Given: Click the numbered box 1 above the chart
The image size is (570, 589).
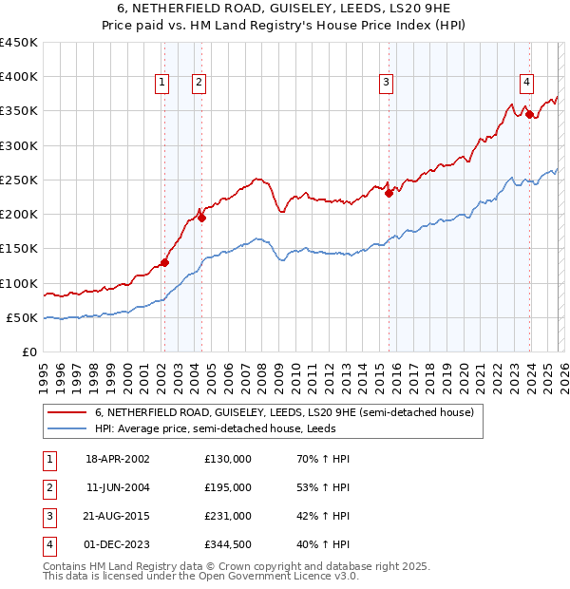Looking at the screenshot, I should tap(162, 84).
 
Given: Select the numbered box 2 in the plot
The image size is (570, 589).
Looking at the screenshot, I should tap(199, 84).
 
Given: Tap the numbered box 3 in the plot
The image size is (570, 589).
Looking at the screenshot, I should tap(387, 84).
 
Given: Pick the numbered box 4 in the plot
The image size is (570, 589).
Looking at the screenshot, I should tap(526, 84).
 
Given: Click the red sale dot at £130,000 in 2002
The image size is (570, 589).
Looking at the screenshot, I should tap(164, 262).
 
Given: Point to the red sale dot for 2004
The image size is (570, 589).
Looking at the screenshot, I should tap(200, 218).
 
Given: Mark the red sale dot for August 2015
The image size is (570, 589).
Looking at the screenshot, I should tap(389, 193).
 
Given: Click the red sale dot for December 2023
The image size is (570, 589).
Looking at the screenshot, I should tap(529, 115).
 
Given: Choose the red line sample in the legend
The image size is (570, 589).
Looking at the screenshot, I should tap(67, 413).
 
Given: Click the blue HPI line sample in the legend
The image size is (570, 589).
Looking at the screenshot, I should tap(67, 428).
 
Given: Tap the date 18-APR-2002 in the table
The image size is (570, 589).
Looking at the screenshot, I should tap(118, 458).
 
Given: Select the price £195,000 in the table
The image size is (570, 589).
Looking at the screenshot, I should tap(228, 486).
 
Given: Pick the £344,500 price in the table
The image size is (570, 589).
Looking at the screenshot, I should tap(228, 544).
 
